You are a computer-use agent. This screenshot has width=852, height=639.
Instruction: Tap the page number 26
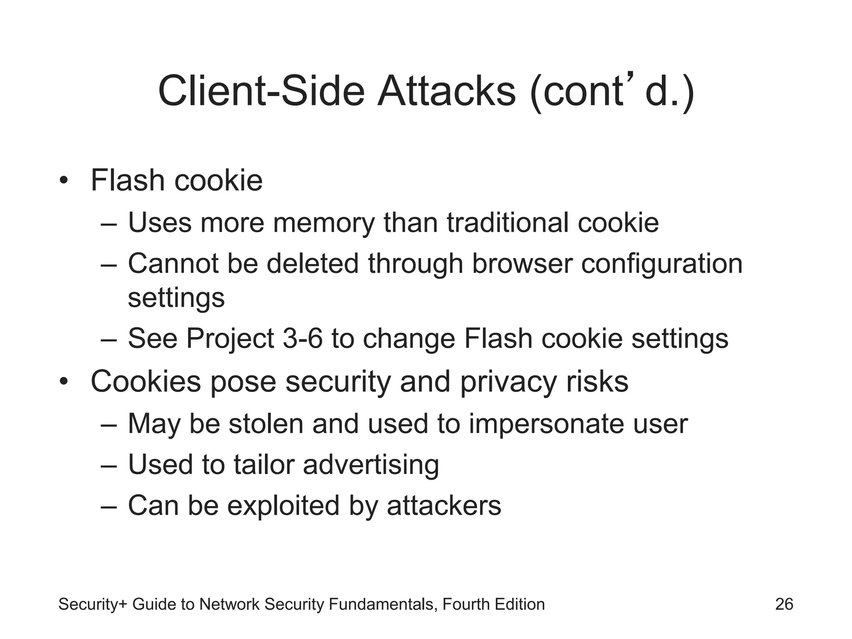pos(784,604)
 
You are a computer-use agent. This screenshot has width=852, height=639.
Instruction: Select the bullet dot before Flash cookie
pos(63,181)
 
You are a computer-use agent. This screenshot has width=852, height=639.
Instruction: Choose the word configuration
pos(661,264)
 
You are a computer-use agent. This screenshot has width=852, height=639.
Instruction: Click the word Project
pos(230,338)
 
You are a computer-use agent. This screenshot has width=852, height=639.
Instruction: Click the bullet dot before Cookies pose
pos(63,381)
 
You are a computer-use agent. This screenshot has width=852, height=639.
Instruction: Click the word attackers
pos(444,505)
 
